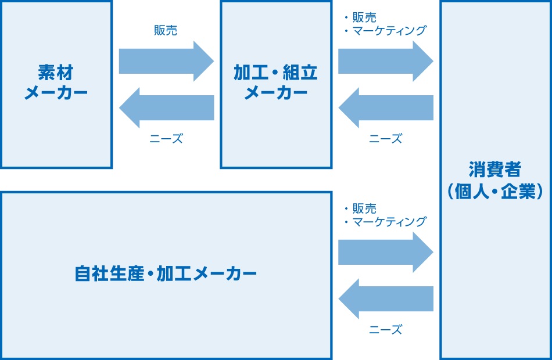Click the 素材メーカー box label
coord(56,83)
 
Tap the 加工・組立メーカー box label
coord(276,83)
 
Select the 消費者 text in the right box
coord(495,171)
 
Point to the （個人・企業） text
coord(495,192)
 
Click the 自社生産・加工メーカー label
coord(166,273)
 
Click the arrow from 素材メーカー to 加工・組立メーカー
coord(166,61)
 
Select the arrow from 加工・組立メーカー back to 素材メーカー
coord(166,107)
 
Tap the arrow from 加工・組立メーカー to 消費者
coord(385,61)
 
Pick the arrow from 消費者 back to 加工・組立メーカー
coord(385,107)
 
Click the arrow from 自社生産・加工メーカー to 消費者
coord(385,252)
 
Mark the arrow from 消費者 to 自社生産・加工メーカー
coord(385,298)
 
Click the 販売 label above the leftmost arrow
coord(166,31)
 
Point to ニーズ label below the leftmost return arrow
coord(166,139)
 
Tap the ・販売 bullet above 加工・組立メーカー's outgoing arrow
coord(360,18)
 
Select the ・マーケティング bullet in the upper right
coord(385,31)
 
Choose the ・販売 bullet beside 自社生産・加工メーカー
coord(360,208)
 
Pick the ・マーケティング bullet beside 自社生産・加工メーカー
coord(385,222)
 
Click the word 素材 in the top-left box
coord(56,73)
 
